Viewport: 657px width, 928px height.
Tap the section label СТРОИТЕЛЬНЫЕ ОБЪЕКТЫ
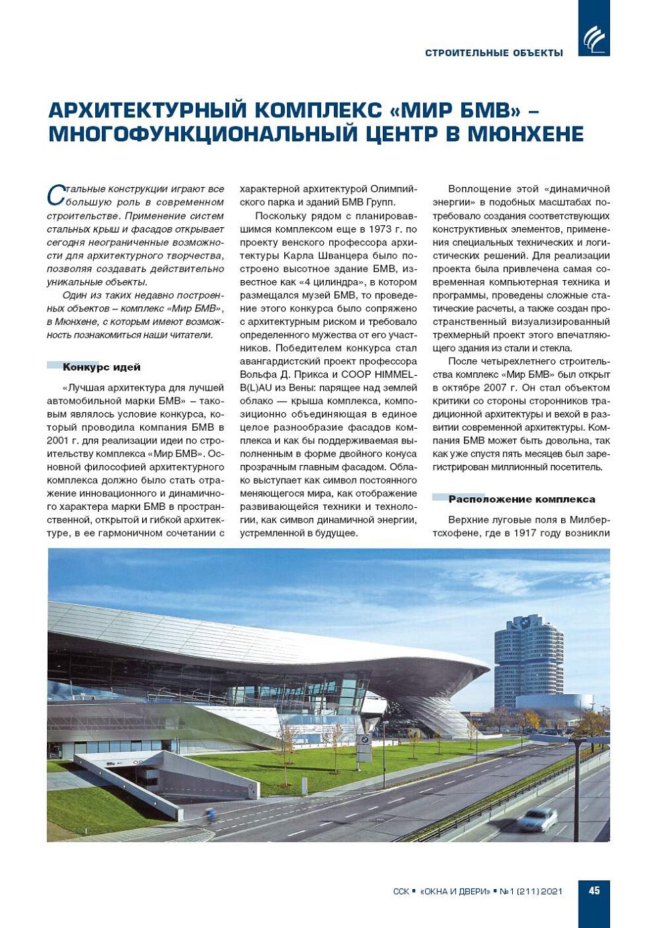point(494,53)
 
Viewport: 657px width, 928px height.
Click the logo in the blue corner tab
point(594,39)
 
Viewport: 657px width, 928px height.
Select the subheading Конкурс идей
point(101,367)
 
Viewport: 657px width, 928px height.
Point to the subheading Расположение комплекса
point(522,499)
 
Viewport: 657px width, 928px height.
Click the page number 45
point(594,891)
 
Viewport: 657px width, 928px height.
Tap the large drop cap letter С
point(55,196)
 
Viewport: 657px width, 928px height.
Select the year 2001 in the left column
point(58,440)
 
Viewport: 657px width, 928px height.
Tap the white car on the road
point(537,818)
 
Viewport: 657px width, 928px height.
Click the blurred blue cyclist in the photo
point(211,815)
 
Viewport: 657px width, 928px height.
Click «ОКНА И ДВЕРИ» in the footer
point(455,892)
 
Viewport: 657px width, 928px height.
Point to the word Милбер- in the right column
point(588,520)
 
